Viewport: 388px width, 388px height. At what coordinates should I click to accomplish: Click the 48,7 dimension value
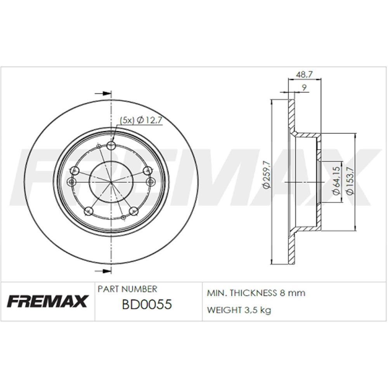(x=305, y=74)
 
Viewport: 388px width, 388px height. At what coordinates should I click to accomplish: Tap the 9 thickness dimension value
(x=305, y=88)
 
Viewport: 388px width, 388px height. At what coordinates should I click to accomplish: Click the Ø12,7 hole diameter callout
(x=149, y=120)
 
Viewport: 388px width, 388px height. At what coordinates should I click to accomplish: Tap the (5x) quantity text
(x=126, y=120)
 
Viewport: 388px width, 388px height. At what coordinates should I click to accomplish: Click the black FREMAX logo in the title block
(x=48, y=301)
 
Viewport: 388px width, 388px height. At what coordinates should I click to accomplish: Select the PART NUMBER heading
(x=127, y=289)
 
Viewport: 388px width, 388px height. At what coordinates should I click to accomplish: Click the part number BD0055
(x=147, y=305)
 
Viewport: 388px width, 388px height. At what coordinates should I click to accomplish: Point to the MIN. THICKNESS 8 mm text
(x=256, y=293)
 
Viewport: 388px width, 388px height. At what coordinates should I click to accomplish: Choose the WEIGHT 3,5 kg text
(x=239, y=310)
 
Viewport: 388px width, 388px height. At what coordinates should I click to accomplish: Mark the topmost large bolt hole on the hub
(x=111, y=146)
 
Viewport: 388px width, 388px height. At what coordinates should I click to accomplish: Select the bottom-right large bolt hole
(x=134, y=211)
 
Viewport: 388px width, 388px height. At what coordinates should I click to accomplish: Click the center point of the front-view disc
(x=111, y=182)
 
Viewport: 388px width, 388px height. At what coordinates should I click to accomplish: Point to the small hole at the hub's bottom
(x=123, y=217)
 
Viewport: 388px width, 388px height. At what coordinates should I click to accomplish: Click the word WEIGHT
(x=222, y=310)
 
